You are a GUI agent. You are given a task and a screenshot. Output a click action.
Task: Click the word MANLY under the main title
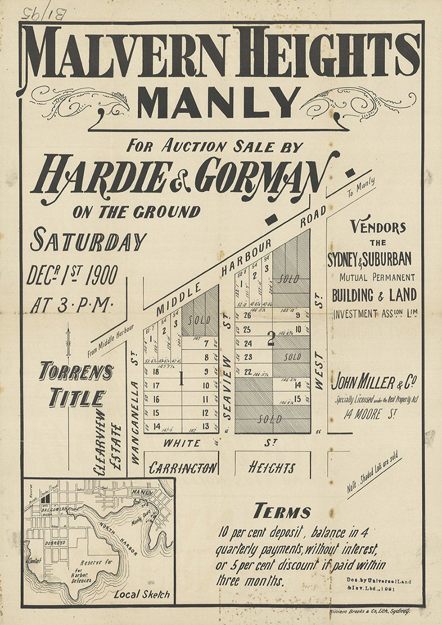219,103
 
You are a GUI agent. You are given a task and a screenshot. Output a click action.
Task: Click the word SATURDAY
89,241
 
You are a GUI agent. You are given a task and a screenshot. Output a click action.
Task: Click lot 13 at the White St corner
205,427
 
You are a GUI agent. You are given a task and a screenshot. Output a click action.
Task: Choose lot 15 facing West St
297,399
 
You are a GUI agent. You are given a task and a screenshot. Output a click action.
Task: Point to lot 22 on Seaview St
248,371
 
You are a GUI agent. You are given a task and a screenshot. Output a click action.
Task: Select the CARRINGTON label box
182,468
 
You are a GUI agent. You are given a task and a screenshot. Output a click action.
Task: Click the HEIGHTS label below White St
272,467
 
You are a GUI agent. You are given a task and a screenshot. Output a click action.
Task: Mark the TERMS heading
282,511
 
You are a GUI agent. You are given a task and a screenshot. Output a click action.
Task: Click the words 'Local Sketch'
142,594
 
